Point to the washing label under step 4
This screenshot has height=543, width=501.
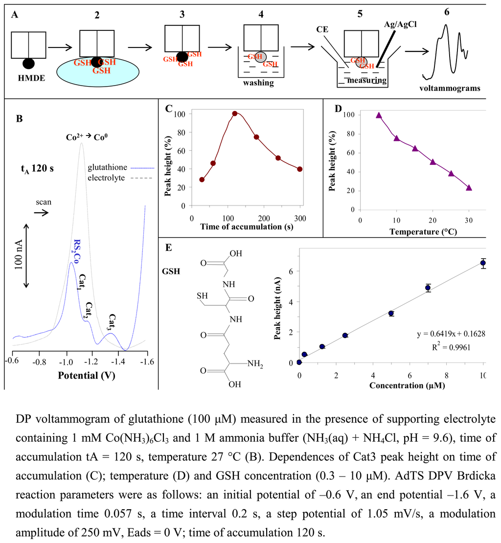tap(259, 83)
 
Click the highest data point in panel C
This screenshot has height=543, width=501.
tap(234, 113)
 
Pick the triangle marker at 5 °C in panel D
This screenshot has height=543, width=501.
tap(378, 115)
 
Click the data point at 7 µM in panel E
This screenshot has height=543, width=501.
tap(428, 288)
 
